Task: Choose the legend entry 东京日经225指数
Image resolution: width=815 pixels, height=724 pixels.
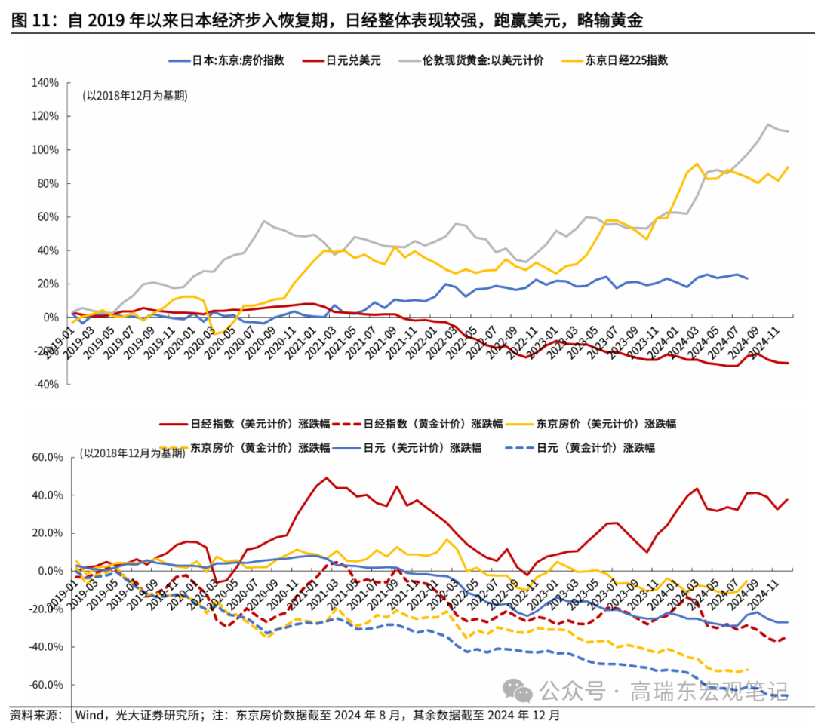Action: coord(627,60)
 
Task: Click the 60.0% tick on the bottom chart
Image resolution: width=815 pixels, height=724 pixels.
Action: coord(47,457)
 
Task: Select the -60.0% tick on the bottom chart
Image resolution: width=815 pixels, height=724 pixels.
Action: coord(45,685)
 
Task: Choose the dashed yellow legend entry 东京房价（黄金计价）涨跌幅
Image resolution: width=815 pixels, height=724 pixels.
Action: coord(260,447)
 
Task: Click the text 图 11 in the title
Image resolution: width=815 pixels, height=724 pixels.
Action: coord(30,21)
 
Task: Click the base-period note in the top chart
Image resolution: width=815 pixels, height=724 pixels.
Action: coord(135,96)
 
